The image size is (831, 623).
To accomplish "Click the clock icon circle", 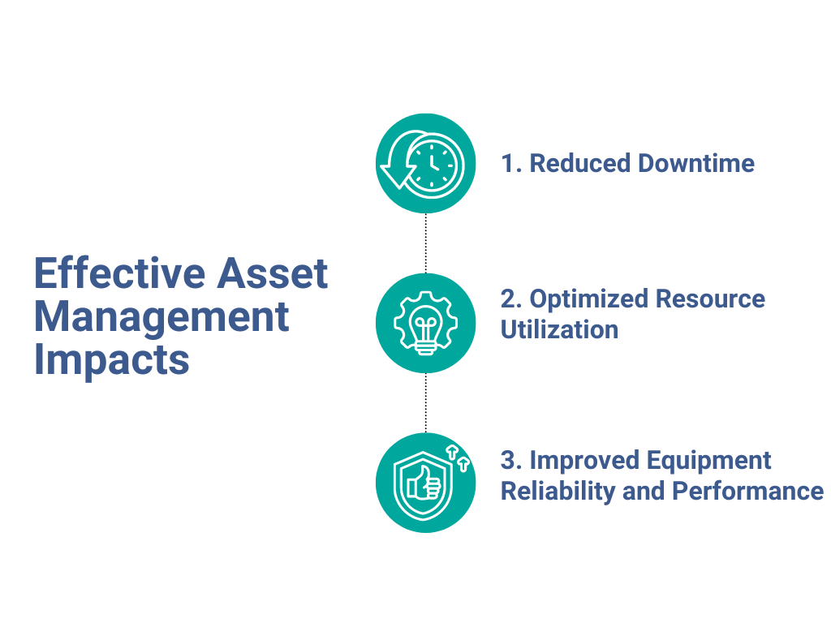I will point(425,163).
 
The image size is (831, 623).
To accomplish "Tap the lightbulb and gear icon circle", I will point(425,323).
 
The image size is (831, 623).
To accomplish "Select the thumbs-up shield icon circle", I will point(425,483).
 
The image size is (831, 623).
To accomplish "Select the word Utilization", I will point(559,329).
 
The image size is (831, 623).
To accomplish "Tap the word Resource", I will point(710,299).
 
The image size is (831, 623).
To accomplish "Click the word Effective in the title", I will point(113,274).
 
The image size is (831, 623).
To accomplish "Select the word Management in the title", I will point(161,316).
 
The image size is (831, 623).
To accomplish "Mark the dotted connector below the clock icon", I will point(425,243).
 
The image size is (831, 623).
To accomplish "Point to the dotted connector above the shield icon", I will point(425,402).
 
